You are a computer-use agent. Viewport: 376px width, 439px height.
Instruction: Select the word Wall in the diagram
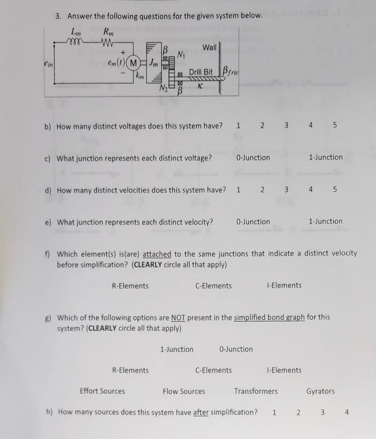coord(209,48)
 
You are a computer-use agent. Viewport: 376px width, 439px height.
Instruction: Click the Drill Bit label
coord(201,72)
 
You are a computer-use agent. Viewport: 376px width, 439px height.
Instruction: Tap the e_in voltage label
coord(48,64)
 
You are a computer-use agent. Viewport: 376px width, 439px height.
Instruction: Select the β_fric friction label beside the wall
coord(230,72)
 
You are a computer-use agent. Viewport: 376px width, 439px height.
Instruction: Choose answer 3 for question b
coord(286,126)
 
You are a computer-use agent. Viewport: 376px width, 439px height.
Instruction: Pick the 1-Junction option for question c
coord(326,157)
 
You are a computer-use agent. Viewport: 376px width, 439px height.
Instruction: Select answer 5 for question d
coord(335,190)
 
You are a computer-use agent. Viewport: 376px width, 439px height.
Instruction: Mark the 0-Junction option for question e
coord(253,222)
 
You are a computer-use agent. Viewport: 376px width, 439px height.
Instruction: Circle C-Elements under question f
coord(213,286)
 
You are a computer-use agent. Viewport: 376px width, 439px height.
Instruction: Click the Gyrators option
coord(320,391)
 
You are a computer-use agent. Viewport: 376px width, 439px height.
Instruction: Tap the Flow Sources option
coord(184,391)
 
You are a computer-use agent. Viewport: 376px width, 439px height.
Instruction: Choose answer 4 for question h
coord(346,412)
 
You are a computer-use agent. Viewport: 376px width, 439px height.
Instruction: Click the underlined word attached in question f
coord(157,254)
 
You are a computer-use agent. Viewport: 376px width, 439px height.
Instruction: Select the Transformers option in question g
coord(256,391)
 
